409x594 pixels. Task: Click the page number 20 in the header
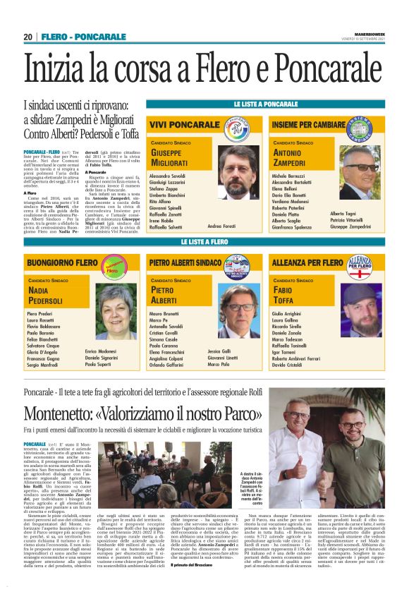[x=28, y=37]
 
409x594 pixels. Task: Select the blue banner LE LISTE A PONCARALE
[x=265, y=104]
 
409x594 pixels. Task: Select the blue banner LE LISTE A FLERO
[x=205, y=242]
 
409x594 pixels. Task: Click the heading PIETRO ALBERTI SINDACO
[x=185, y=262]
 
